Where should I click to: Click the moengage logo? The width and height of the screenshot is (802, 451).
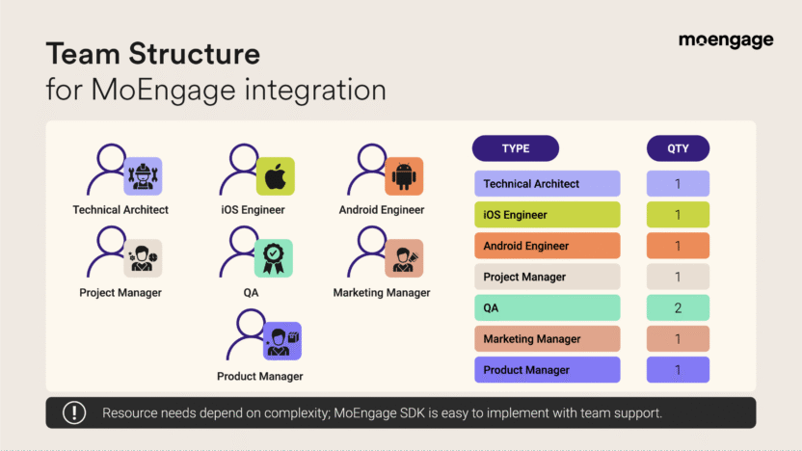725,40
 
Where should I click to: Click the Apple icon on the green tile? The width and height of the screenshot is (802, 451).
275,176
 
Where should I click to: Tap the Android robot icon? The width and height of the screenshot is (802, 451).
404,176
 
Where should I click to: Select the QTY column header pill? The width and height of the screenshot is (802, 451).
678,148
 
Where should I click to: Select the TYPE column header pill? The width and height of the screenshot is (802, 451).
515,148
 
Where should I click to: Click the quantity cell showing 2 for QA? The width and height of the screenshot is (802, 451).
678,307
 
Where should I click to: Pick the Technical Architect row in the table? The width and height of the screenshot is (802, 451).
547,183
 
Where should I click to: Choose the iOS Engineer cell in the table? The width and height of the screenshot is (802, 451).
547,215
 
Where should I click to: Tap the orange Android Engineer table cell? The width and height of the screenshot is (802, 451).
547,246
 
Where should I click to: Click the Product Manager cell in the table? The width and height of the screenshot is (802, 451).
547,370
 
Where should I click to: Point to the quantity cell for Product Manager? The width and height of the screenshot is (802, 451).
678,370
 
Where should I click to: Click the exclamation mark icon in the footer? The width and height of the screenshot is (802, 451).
74,412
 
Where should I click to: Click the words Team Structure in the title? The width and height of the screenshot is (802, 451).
152,53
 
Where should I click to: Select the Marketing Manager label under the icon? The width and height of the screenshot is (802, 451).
382,293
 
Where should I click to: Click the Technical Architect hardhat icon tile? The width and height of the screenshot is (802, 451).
143,176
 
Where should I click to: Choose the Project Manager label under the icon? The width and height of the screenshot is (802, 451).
120,293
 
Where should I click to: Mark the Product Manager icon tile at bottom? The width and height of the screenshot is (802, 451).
282,341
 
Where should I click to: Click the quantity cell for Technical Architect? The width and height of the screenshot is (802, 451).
678,183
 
